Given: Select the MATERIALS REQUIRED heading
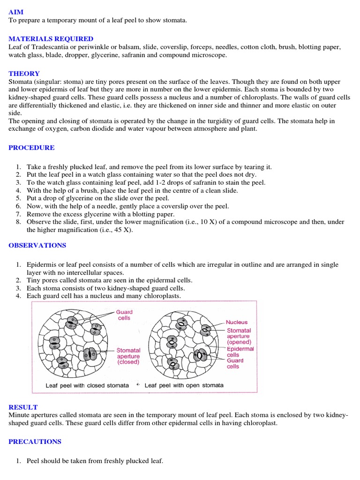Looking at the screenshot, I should coord(51,39).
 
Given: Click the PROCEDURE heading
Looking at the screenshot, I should coord(31,148).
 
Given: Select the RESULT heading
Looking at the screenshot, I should coord(23,407).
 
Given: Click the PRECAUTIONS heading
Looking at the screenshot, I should coord(35,442).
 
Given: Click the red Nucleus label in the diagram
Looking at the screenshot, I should coord(237,322).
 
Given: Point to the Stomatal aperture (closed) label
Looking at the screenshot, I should coord(128,356).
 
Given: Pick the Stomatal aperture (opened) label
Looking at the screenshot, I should coord(239,336).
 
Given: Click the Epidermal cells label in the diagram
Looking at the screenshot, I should coord(240,352).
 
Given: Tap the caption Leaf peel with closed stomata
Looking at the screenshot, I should coord(87,385).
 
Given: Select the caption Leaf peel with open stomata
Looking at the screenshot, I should coord(184,385).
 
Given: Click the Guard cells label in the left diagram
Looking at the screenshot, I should coord(124,315).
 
